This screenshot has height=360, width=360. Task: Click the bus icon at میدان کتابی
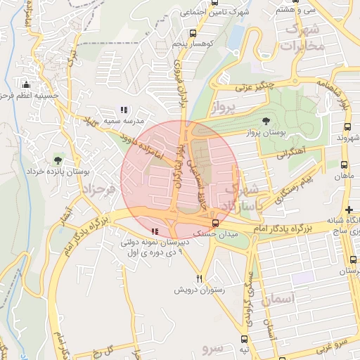pyautogui.click(x=215, y=223)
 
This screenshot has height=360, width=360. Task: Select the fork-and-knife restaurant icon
pyautogui.click(x=199, y=278)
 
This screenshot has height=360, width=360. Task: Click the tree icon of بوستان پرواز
pyautogui.click(x=265, y=122)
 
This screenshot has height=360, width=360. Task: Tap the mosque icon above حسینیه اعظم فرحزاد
pyautogui.click(x=28, y=84)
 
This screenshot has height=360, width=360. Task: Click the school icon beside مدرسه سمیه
pyautogui.click(x=124, y=110)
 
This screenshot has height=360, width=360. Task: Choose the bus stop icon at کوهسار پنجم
pyautogui.click(x=193, y=33)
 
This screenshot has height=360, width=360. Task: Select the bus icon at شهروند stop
pyautogui.click(x=347, y=127)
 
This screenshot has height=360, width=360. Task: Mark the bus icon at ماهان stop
pyautogui.click(x=343, y=165)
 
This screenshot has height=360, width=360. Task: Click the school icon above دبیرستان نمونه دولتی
pyautogui.click(x=154, y=231)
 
